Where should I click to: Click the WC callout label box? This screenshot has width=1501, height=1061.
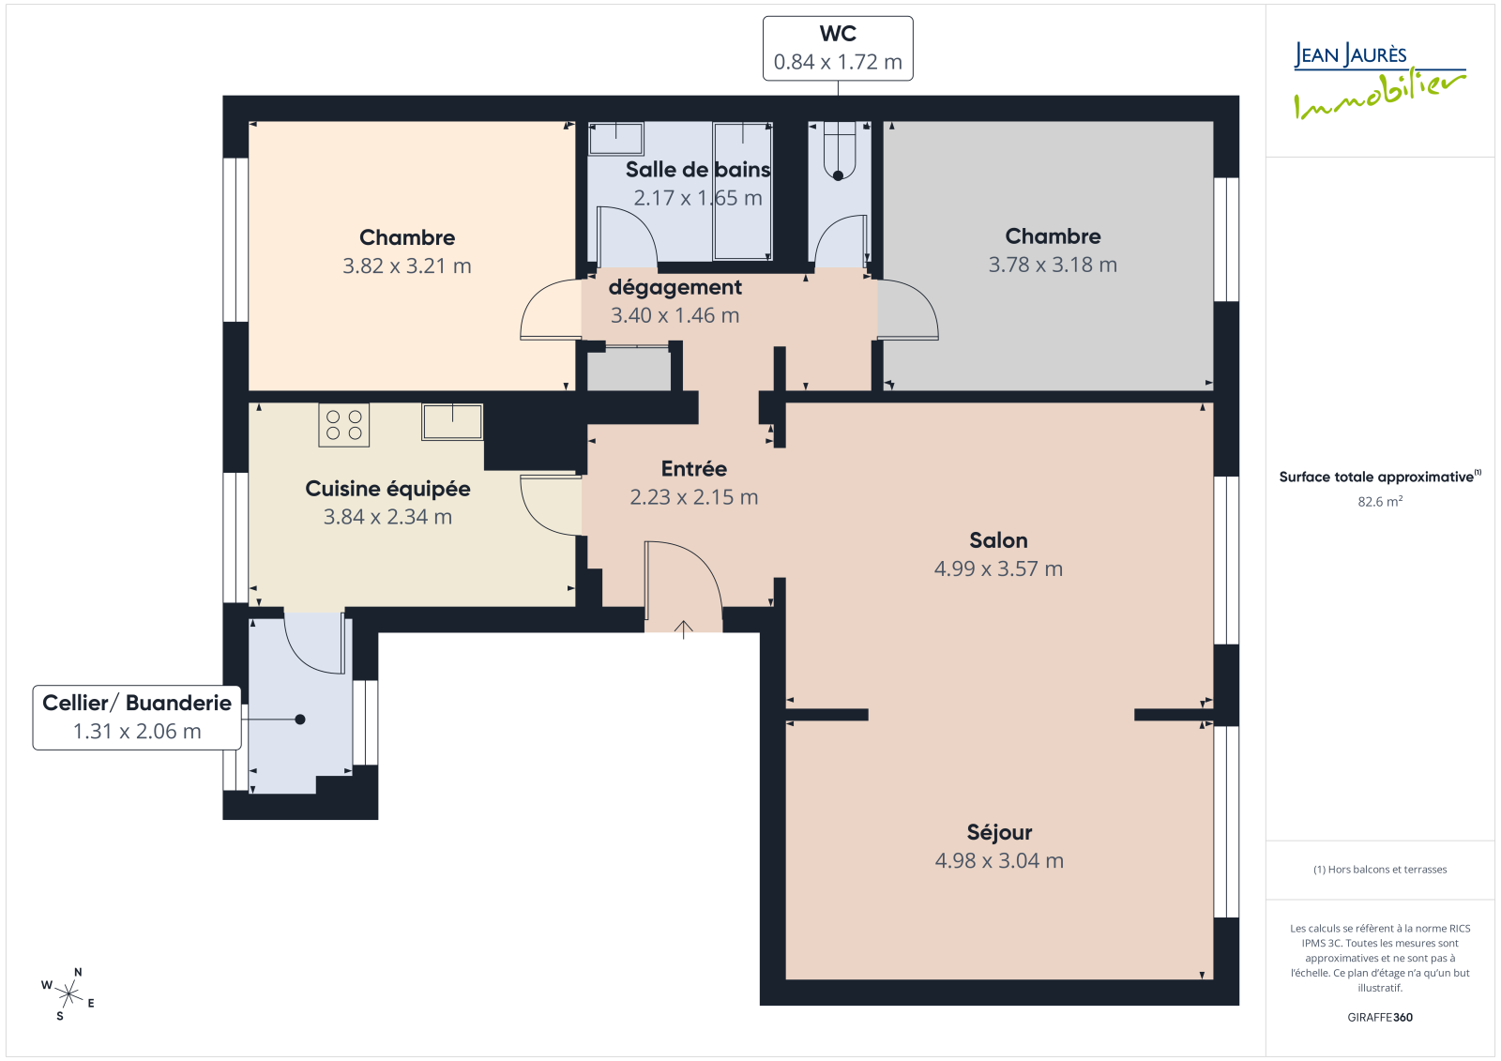[x=838, y=48]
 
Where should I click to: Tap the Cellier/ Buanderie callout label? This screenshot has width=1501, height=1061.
[x=137, y=717]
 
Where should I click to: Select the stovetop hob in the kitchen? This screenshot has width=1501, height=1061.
[x=343, y=425]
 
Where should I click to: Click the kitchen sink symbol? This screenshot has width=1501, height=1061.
[x=452, y=421]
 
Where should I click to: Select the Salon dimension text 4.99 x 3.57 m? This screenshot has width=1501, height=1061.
[x=998, y=569]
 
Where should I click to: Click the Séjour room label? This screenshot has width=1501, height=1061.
[x=999, y=832]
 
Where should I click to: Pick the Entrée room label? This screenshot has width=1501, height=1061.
[x=693, y=468]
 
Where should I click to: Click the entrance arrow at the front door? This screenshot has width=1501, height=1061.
[x=684, y=630]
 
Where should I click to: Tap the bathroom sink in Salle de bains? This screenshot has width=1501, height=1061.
[x=615, y=139]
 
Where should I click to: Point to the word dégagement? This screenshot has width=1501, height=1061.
[x=675, y=288]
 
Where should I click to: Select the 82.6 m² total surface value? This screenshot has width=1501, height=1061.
[x=1380, y=501]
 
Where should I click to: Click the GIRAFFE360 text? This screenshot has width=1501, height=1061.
[x=1380, y=1017]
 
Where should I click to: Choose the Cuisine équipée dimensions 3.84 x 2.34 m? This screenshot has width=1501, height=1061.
[x=388, y=517]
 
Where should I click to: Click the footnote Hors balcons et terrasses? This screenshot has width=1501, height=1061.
[x=1380, y=870]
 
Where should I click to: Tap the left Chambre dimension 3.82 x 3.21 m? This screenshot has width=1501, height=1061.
[x=407, y=266]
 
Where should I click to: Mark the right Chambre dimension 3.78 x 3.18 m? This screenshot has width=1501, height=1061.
[x=1053, y=265]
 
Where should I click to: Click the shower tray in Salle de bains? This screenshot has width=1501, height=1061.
[x=742, y=191]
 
